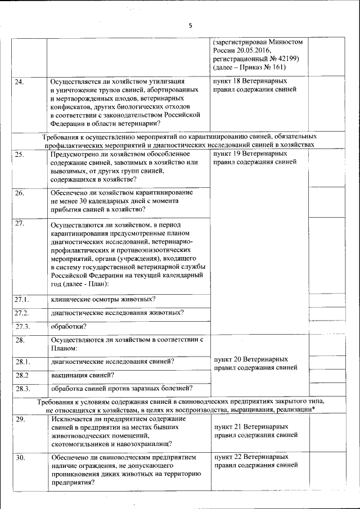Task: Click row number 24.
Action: [x=19, y=82]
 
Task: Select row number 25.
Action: [x=19, y=154]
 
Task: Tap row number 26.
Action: [x=19, y=193]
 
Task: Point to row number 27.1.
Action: [x=21, y=298]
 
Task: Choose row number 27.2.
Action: [x=21, y=313]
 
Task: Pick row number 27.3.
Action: [x=22, y=327]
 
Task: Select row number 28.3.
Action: [x=22, y=389]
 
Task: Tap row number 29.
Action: [x=20, y=420]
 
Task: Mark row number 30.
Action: [x=20, y=457]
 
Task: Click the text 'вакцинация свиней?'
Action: [x=83, y=375]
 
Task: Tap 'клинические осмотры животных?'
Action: [x=103, y=298]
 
